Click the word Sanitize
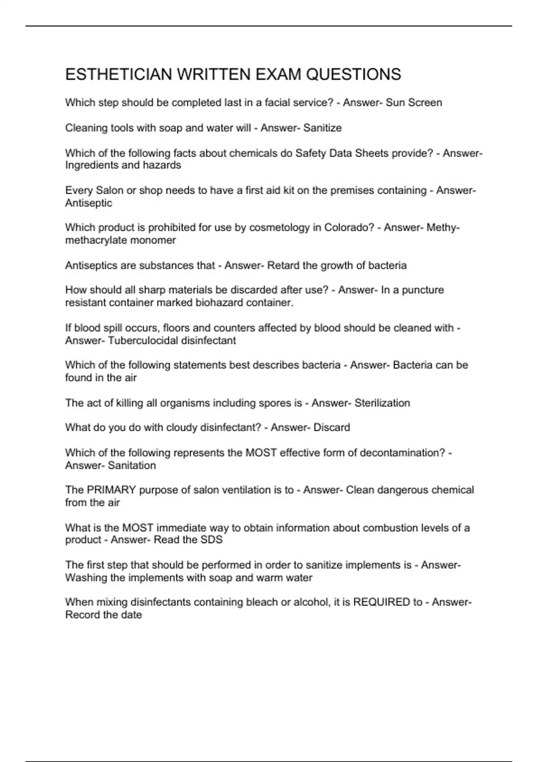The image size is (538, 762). pyautogui.click(x=322, y=128)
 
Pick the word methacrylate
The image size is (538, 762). pyautogui.click(x=92, y=240)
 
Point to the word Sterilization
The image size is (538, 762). pyautogui.click(x=382, y=403)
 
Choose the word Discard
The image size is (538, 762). pyautogui.click(x=332, y=428)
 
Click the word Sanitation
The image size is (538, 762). pyautogui.click(x=132, y=466)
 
